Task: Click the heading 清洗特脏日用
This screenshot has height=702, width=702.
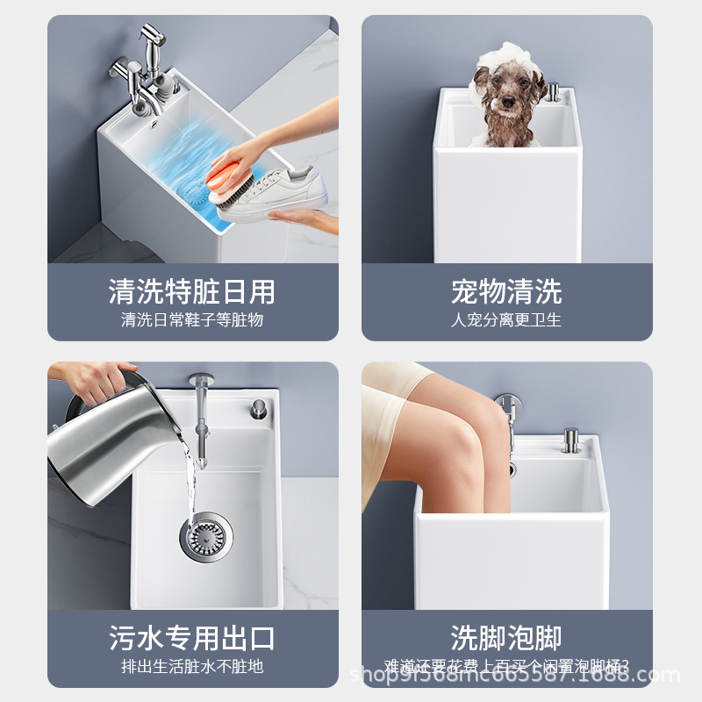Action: click(192, 291)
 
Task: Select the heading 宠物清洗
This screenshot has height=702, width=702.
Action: click(506, 291)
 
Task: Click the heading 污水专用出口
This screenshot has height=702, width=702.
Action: click(192, 638)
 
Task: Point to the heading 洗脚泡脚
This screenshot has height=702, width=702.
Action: click(506, 638)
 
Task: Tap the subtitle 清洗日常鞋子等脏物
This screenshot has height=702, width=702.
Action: click(192, 320)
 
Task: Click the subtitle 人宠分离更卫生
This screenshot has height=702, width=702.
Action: click(506, 320)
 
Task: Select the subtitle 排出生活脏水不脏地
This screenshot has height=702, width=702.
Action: click(192, 667)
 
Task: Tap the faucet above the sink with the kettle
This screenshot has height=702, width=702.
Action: click(202, 412)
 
